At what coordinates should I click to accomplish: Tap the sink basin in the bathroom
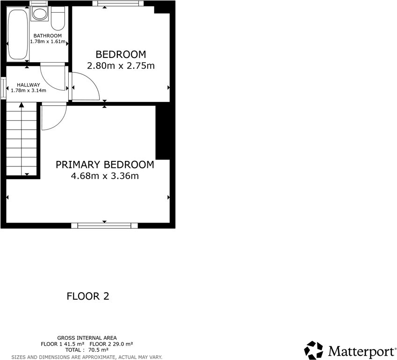(x=39, y=14)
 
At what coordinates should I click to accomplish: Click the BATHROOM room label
(x=47, y=36)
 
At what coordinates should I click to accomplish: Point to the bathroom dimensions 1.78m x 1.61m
(x=47, y=42)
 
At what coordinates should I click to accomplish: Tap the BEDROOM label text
(x=121, y=54)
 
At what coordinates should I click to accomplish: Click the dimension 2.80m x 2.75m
(x=121, y=66)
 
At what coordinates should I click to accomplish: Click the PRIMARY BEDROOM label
(x=105, y=165)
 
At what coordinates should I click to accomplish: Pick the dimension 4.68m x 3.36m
(x=105, y=176)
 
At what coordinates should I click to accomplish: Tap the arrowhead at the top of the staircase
(x=22, y=105)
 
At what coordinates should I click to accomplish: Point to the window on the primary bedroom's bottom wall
(x=104, y=225)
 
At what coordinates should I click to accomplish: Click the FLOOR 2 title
(x=88, y=296)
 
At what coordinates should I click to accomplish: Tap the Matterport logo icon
(x=313, y=350)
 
